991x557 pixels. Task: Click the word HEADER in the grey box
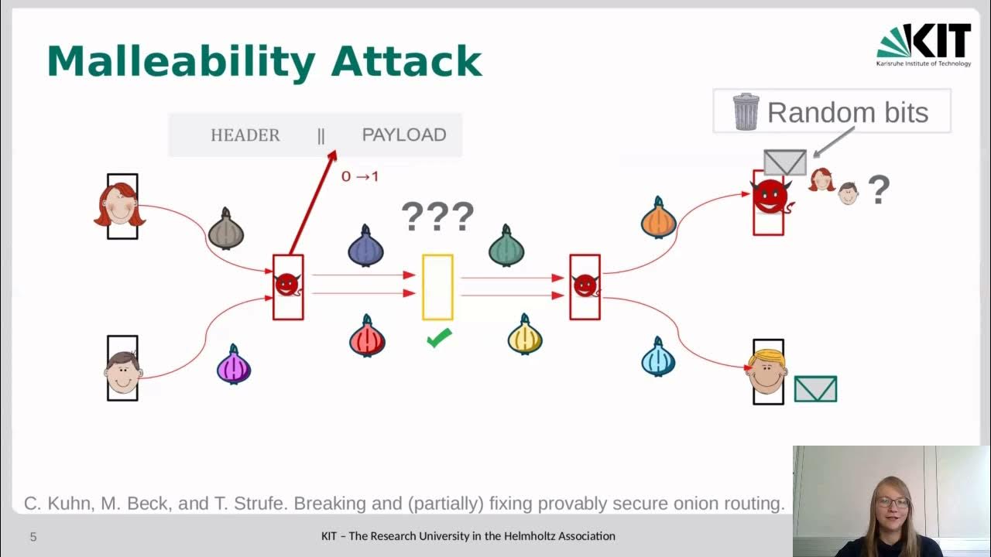(245, 135)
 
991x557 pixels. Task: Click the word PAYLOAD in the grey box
(403, 135)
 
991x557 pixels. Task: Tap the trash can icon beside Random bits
(746, 111)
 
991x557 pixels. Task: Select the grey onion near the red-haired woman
(226, 229)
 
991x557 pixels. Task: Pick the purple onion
(234, 365)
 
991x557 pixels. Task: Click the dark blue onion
(366, 247)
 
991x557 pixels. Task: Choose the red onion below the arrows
(367, 337)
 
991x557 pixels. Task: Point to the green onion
(506, 247)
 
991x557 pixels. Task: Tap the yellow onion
(525, 336)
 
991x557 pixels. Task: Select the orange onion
(659, 218)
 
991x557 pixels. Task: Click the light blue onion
(658, 357)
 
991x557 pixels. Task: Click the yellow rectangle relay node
(437, 287)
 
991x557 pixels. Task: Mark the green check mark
(439, 338)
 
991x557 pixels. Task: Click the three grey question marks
(437, 217)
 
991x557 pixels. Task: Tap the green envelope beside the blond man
(815, 388)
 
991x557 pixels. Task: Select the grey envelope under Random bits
(784, 162)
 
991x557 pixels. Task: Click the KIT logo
(924, 44)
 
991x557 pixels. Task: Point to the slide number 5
(33, 536)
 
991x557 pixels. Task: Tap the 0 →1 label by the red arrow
(360, 176)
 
